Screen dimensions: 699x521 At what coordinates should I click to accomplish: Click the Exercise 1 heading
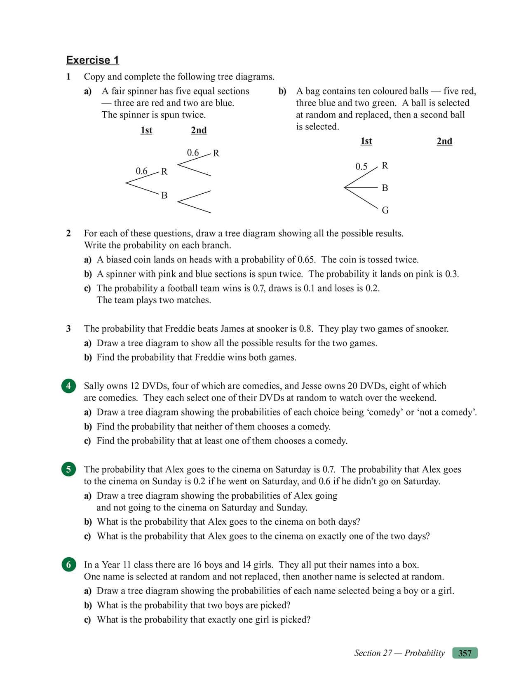coord(92,60)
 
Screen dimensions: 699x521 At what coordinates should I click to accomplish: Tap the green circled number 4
coord(68,386)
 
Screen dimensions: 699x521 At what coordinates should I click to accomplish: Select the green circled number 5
coord(68,469)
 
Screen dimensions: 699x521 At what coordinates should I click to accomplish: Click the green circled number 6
coord(68,565)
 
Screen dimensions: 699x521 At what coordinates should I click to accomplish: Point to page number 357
coord(465,653)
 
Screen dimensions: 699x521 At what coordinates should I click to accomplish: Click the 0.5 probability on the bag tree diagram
coord(361,167)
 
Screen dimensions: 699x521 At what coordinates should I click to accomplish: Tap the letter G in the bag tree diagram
coord(385,210)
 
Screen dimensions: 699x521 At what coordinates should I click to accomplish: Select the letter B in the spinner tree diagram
coord(164,195)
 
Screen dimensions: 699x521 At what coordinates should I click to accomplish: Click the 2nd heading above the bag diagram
coord(444,141)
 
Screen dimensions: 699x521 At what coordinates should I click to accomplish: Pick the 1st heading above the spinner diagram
coord(146,130)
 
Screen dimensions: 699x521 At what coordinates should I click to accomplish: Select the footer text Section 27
coord(373,653)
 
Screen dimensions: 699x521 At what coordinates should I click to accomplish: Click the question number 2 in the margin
coord(68,233)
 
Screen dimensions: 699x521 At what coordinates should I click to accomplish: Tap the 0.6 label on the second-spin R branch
coord(192,152)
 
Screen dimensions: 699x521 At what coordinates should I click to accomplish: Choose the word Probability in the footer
coord(425,653)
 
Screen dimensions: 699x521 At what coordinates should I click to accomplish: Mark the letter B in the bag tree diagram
coord(385,188)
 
